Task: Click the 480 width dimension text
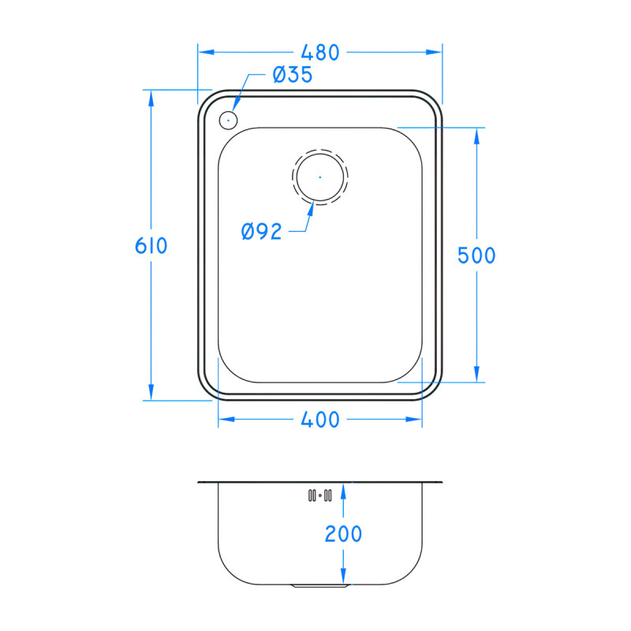319,53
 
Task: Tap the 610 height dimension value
151,246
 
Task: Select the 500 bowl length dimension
476,256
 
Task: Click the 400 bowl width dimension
319,420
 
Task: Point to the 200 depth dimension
343,534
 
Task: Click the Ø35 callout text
292,75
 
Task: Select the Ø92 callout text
262,231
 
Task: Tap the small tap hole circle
227,121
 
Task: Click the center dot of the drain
319,177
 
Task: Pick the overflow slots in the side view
319,495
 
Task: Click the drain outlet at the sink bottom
319,586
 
